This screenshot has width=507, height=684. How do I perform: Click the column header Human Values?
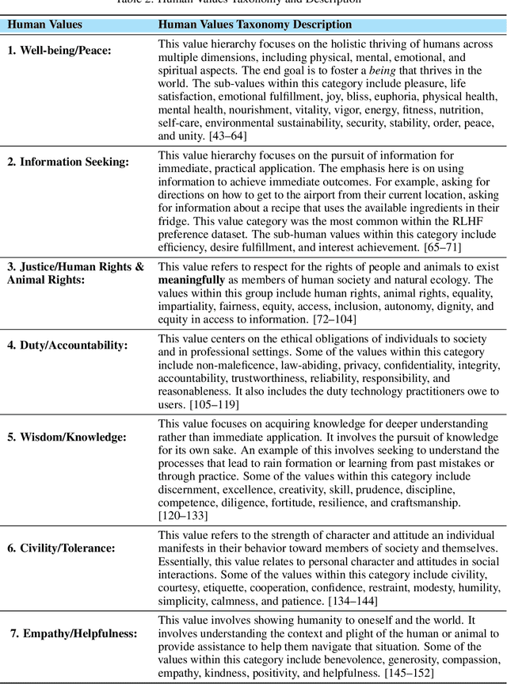[x=44, y=25]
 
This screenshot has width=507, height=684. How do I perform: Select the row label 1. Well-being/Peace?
[x=59, y=51]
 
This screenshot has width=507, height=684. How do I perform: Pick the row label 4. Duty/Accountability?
[x=67, y=346]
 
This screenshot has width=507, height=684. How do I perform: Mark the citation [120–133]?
[x=183, y=515]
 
